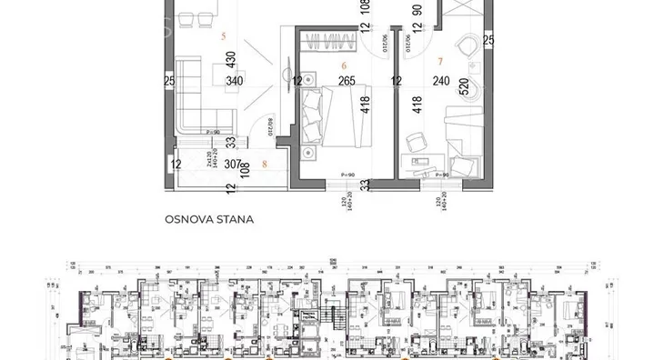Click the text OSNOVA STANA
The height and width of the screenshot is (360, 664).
pyautogui.click(x=208, y=219)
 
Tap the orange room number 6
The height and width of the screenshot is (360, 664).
pyautogui.click(x=344, y=65)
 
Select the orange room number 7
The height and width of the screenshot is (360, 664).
pyautogui.click(x=441, y=63)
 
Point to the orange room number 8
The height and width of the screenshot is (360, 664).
pyautogui.click(x=264, y=165)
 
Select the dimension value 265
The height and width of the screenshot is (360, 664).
pyautogui.click(x=346, y=81)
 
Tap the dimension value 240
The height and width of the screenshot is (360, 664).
pyautogui.click(x=439, y=81)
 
